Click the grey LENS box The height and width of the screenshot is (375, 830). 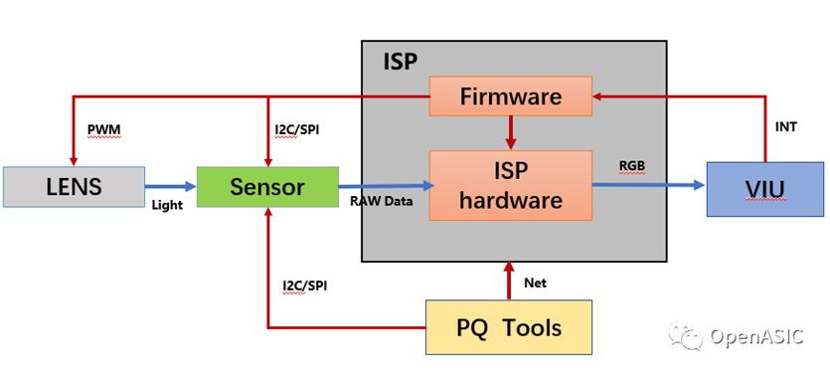tap(75, 187)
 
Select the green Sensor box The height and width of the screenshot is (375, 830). tap(267, 187)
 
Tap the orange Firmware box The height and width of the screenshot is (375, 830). tap(510, 96)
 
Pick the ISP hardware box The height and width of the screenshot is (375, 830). tap(510, 185)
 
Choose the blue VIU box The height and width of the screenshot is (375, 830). tap(765, 190)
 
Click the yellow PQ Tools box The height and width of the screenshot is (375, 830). tap(509, 327)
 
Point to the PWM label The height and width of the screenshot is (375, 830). tap(103, 129)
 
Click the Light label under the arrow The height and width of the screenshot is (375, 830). tap(167, 205)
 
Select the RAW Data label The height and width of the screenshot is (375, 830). tap(381, 201)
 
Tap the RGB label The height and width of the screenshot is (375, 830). tap(632, 166)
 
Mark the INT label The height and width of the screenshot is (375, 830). tap(785, 127)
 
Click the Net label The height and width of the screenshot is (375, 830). tap(535, 283)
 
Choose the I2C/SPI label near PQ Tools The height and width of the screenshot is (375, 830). tap(305, 286)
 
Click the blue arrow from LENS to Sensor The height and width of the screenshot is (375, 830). tap(170, 186)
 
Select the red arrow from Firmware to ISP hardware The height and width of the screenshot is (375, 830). tap(510, 133)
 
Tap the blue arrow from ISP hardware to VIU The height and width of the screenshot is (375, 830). tap(649, 185)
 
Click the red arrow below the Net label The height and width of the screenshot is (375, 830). tap(509, 281)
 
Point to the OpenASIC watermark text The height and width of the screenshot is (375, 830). tap(756, 336)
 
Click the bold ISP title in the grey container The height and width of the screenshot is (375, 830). tap(401, 62)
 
